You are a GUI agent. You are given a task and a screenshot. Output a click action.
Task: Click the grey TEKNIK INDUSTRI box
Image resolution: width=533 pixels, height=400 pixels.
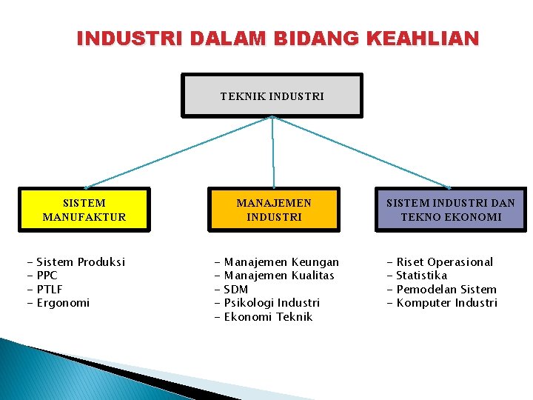point(272,96)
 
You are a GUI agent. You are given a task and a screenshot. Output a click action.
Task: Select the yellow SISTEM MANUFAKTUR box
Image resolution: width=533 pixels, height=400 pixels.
point(84,210)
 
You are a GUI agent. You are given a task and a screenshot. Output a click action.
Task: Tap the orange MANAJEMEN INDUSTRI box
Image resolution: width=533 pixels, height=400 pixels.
point(274,210)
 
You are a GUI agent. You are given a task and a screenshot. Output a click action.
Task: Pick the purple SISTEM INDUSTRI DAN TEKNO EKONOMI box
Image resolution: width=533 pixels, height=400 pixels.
point(450,210)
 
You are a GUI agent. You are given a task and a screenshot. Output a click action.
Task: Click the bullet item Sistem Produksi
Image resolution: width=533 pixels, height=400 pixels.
point(80,262)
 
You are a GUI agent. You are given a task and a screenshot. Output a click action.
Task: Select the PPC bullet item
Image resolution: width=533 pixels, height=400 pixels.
point(47,276)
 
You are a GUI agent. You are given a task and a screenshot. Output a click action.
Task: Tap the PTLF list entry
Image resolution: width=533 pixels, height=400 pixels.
point(49,290)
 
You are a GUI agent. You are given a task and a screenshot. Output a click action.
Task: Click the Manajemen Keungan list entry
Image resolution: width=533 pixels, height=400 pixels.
point(281,262)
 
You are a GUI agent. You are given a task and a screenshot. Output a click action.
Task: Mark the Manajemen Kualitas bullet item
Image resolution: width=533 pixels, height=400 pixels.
point(279,276)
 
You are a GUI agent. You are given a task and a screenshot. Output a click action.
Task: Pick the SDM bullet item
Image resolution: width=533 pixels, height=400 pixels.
point(235,290)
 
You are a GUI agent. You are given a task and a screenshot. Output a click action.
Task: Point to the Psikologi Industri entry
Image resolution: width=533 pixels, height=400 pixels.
point(272,303)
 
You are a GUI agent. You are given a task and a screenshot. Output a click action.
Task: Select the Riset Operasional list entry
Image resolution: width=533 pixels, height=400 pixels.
point(444,262)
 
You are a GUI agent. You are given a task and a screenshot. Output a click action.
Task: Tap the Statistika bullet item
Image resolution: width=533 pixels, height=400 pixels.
point(422,276)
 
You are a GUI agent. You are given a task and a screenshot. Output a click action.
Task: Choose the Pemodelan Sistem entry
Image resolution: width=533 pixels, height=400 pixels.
point(446,290)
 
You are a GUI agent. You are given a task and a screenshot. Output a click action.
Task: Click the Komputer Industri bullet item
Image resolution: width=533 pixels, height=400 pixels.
point(447,303)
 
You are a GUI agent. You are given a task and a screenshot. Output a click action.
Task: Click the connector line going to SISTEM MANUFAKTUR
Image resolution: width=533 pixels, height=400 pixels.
point(178,152)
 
